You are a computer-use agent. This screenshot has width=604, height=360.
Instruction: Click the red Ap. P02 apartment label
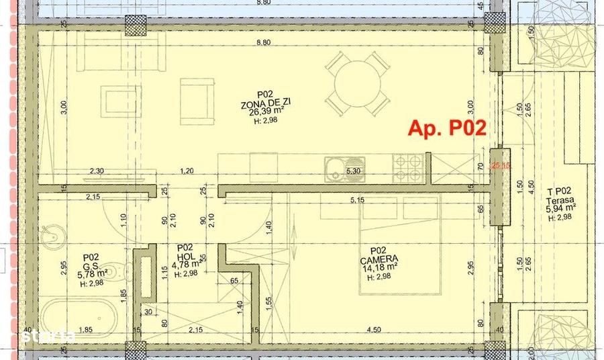click(447, 128)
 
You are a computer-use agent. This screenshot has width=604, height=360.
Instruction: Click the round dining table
click(358, 84)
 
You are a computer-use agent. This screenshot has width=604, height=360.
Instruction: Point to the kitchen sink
click(334, 169)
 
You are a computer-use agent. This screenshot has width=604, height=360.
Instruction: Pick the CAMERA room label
click(379, 257)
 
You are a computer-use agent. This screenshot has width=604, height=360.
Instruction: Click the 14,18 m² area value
click(379, 266)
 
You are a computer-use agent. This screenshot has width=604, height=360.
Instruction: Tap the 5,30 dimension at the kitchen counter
click(352, 172)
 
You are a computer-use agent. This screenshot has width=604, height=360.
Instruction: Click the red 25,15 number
click(500, 164)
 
